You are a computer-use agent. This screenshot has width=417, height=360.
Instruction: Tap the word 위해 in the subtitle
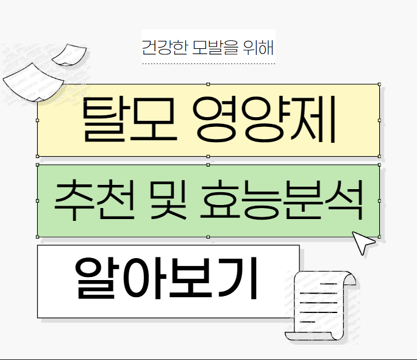pos(258,46)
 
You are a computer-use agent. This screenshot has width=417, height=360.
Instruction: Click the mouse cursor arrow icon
pos(364,242)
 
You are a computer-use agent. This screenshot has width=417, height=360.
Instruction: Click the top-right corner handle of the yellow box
pos(379,84)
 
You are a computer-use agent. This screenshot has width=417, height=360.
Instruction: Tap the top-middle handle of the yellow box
pos(208,84)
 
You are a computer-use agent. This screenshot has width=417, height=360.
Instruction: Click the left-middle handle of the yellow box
pos(38,120)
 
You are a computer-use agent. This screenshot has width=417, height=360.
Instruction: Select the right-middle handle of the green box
pos(379,201)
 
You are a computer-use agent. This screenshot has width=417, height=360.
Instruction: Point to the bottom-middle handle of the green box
pos(208,237)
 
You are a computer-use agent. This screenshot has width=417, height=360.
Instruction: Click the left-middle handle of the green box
pos(38,201)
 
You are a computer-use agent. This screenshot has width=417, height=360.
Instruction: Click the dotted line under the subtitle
pos(208,63)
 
